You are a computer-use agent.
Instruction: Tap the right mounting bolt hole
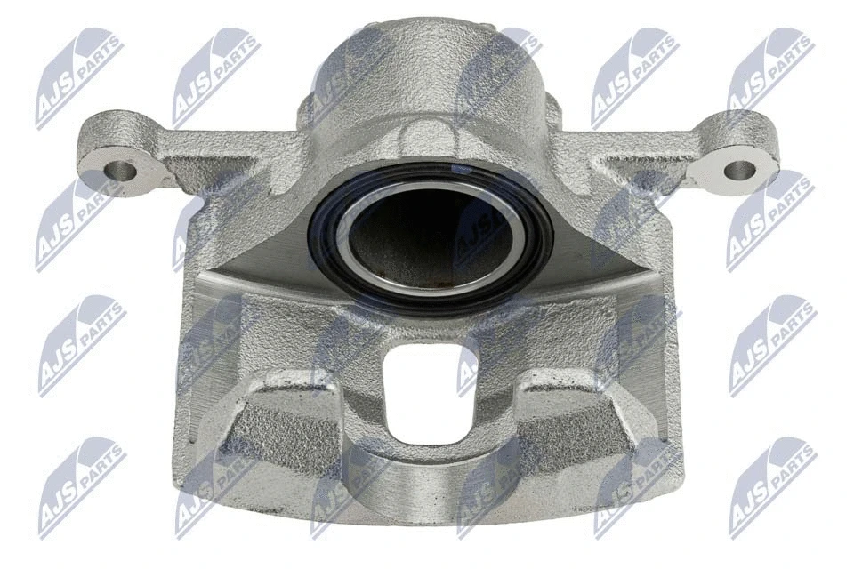pyautogui.click(x=737, y=168)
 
